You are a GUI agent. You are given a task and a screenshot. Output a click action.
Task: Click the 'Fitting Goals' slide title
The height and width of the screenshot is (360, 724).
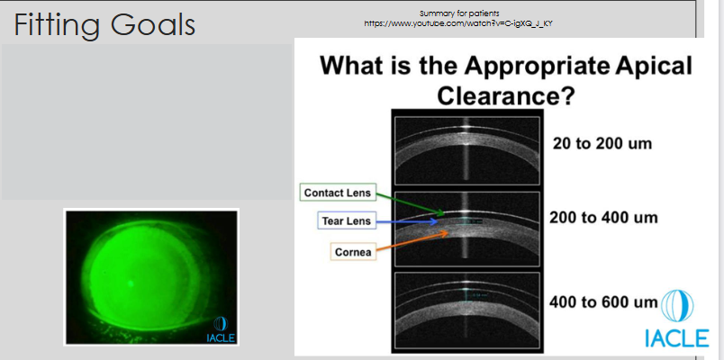[104, 23]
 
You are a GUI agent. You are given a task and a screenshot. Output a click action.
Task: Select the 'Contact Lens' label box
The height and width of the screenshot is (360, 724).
[336, 193]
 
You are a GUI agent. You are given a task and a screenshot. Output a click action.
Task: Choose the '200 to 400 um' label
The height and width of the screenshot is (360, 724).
[604, 218]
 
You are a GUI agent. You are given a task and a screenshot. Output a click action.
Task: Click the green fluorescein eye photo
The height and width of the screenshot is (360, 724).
[150, 277]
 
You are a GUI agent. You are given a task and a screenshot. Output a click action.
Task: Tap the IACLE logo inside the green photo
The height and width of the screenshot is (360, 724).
[219, 329]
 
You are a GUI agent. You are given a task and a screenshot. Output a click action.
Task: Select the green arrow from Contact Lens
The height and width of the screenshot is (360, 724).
[410, 202]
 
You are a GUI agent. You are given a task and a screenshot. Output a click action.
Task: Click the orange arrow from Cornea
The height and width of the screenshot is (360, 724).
[414, 242]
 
